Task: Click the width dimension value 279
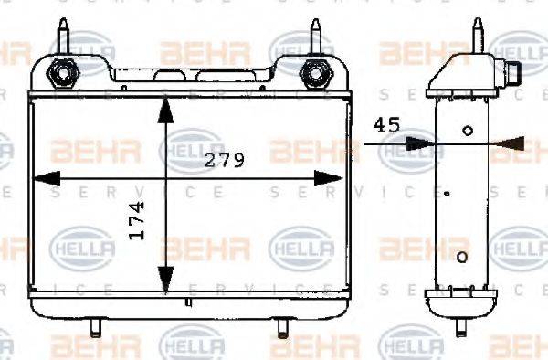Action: click(225, 161)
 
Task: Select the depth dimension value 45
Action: click(386, 125)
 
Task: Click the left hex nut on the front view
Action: click(63, 71)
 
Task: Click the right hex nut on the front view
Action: click(317, 71)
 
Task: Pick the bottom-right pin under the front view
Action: click(283, 325)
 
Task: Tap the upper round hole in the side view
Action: click(468, 131)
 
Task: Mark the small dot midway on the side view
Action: click(447, 193)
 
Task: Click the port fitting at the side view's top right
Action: click(512, 70)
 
